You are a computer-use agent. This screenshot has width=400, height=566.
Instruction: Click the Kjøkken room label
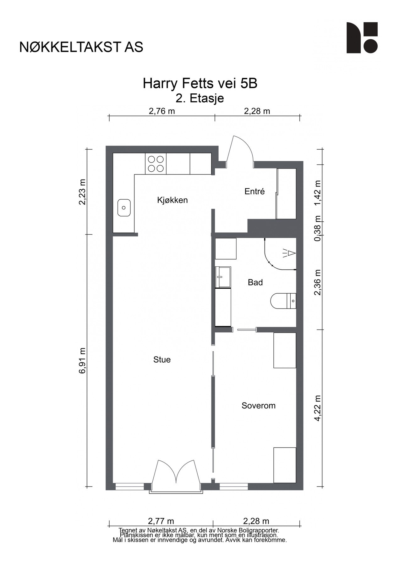point(172,200)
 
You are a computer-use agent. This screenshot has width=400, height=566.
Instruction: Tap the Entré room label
point(255,191)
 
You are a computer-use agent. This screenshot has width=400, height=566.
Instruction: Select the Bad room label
point(255,282)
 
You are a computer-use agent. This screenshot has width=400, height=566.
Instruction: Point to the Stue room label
point(162,359)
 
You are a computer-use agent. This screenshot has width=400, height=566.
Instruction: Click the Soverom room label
point(258,406)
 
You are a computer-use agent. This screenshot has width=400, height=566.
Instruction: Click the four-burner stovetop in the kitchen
point(156,164)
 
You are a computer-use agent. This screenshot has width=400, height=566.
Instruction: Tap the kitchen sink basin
point(124,208)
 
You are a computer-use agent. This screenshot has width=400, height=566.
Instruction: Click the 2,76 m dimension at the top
point(162,111)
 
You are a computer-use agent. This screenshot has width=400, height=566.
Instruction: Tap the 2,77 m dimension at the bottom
point(161,521)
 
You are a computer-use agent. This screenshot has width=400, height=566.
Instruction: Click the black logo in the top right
point(362,38)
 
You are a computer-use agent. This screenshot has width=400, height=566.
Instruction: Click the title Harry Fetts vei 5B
point(200,84)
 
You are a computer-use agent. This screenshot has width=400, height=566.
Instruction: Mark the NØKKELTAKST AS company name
point(81,47)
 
